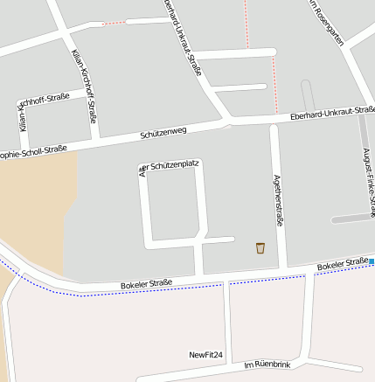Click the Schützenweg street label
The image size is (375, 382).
click(x=163, y=134)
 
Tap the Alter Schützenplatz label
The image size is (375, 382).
click(x=171, y=164)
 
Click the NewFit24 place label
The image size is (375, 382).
click(x=206, y=355)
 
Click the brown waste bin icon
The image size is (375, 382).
click(x=260, y=248)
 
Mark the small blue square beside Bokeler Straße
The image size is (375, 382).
click(x=372, y=260)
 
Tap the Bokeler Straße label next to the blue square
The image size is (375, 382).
click(x=342, y=263)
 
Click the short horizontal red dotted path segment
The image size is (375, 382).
click(x=114, y=23)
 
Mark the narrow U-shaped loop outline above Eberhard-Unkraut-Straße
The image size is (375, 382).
click(x=308, y=95)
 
